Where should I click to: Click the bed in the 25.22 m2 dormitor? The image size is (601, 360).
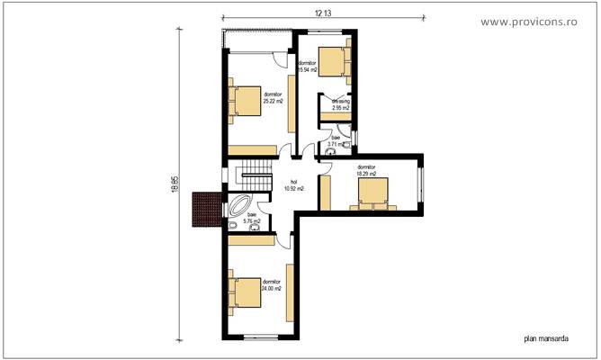point(244,102)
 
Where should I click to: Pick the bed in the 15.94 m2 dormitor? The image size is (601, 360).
point(334,60)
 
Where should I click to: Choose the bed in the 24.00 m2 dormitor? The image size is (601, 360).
point(244,292)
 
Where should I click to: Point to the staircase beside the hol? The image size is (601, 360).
point(253,177)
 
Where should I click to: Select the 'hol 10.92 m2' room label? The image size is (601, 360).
point(293,186)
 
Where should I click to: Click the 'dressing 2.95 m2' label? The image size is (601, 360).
point(340,104)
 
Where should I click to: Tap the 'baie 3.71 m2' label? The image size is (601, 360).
point(335,140)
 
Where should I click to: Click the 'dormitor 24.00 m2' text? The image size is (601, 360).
point(272,285)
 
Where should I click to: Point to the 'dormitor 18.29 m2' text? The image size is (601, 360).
point(366,170)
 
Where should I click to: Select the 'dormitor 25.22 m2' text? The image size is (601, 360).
point(273,97)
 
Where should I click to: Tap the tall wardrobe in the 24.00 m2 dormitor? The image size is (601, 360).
point(290,292)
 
